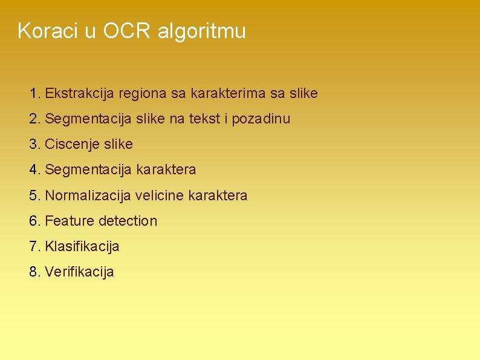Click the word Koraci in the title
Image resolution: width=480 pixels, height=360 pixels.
48,31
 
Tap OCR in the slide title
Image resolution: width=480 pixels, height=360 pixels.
128,31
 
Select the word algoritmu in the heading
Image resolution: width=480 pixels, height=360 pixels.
201,31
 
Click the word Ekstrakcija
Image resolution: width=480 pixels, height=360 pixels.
80,94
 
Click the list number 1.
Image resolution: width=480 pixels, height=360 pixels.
34,94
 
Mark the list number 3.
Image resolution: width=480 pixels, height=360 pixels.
34,145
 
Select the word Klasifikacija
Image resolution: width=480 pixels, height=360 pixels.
82,246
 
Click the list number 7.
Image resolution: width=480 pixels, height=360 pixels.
34,246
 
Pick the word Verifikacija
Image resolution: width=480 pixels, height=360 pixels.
79,272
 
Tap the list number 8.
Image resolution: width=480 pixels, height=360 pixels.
34,272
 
